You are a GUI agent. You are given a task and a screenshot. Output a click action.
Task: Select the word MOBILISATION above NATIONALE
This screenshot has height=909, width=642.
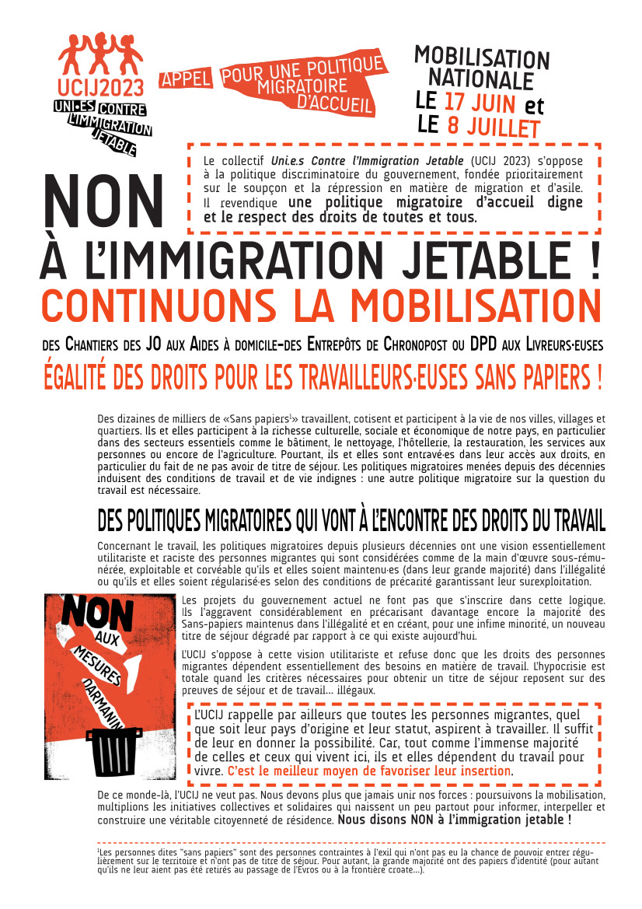coord(481,58)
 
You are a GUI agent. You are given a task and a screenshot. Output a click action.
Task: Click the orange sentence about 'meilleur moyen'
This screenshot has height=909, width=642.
coord(370,771)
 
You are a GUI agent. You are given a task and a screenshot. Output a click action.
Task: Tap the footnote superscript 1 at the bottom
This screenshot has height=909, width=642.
coord(99,851)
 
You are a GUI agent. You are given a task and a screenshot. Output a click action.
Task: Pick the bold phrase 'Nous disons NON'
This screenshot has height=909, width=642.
coord(386,820)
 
